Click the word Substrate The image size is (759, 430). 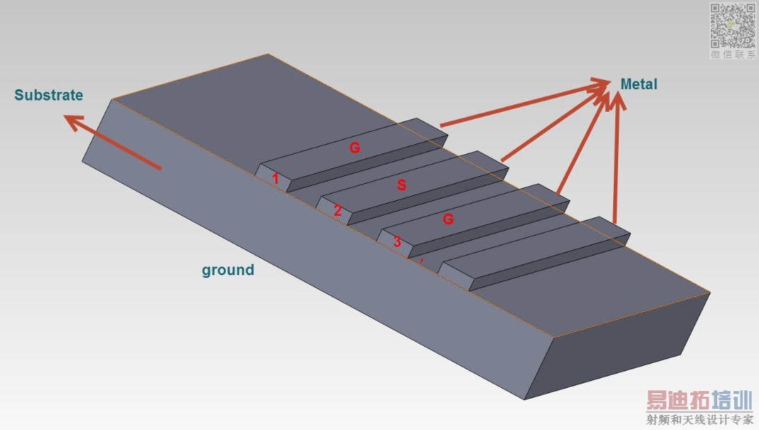[49, 95]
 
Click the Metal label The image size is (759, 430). [639, 84]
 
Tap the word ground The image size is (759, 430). [228, 269]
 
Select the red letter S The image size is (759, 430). [401, 185]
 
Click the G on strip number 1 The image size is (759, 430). [355, 148]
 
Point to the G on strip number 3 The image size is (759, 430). [447, 219]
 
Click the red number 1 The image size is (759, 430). [276, 180]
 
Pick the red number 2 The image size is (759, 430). [338, 210]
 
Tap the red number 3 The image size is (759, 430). [397, 242]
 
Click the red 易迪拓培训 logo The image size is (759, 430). [698, 400]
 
